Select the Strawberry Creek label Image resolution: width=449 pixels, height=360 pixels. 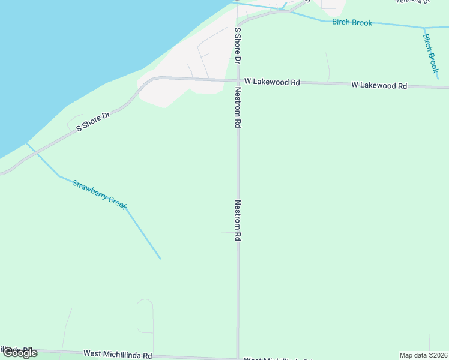click(100, 194)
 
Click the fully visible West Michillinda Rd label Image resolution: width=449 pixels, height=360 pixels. click(118, 355)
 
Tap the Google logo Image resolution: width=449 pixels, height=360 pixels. click(20, 353)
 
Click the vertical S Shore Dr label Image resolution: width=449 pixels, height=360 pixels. click(238, 45)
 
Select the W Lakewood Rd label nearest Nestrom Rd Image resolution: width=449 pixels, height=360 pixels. click(272, 82)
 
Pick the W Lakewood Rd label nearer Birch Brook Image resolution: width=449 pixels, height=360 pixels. click(379, 85)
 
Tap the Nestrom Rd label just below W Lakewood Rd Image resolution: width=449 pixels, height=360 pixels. click(238, 107)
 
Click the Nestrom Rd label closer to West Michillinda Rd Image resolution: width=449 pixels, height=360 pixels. click(238, 220)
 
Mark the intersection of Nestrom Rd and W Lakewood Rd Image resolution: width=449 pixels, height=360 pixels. click(238, 80)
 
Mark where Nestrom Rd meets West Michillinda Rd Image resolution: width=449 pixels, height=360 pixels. click(238, 357)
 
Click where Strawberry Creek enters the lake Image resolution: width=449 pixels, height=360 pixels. click(26, 143)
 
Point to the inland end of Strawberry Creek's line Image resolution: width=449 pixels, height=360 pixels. click(160, 259)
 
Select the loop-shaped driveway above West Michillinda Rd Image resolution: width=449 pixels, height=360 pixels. click(145, 316)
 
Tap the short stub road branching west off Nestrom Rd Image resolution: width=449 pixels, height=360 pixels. click(226, 233)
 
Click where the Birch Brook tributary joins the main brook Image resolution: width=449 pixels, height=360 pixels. click(424, 27)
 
